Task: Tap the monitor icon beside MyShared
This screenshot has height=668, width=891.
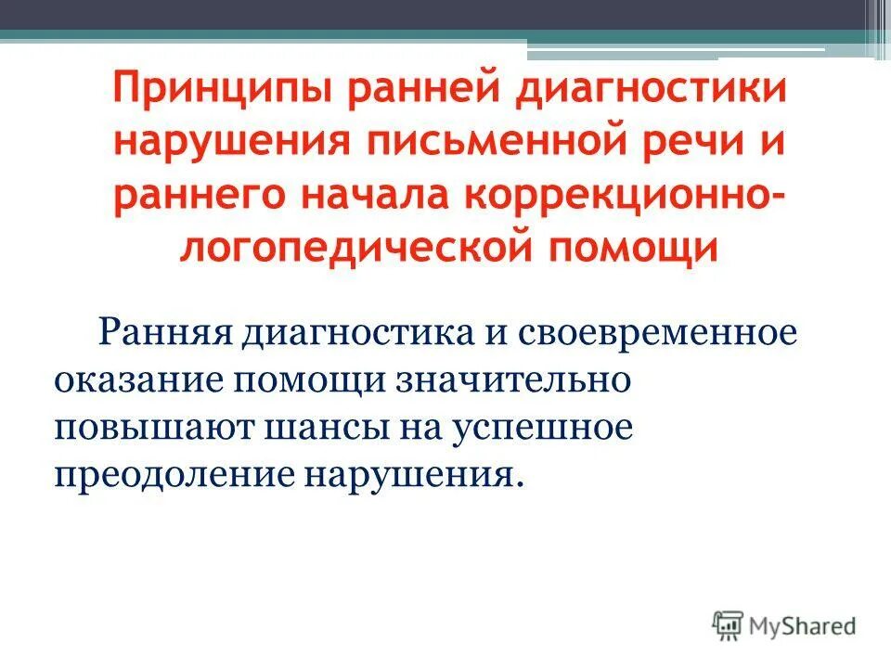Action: click(729, 625)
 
